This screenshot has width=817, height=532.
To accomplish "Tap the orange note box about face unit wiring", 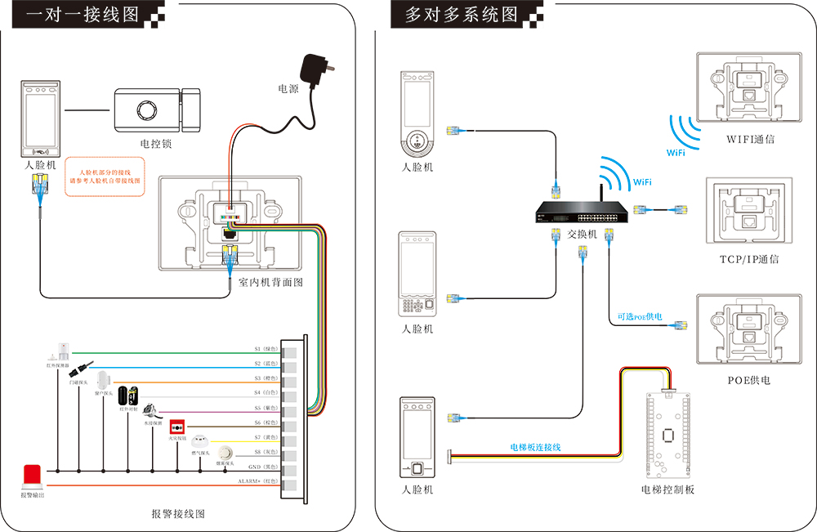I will [105, 176].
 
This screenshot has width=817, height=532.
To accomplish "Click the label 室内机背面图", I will [270, 283].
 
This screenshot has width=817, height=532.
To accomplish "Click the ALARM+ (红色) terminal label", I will [258, 481].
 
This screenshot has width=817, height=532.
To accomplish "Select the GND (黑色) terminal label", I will [263, 467].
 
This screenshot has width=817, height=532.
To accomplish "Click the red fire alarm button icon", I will [176, 427].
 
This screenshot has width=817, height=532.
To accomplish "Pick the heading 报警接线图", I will [177, 513].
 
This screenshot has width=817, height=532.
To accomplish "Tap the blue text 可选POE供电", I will [639, 316].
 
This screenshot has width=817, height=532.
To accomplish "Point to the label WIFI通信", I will [750, 139].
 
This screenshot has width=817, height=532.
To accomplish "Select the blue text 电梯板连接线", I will [535, 447].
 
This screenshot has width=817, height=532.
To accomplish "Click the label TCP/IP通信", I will [748, 259].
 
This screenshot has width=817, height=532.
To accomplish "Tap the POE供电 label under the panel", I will [748, 380].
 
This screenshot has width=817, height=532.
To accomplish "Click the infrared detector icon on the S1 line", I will [63, 350].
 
